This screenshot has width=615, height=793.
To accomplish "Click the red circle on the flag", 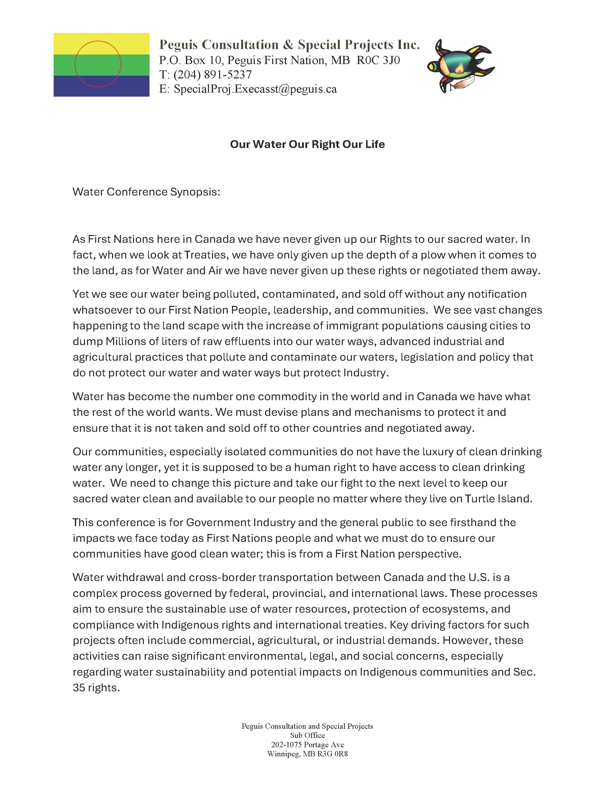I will pos(98,64).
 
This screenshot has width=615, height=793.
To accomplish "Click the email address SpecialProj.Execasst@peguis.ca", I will pos(255,89).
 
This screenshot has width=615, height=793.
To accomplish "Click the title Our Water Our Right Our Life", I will pos(307,144).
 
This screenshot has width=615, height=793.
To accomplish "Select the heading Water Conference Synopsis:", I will pos(146,192).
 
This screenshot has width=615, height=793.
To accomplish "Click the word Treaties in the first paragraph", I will pos(205,255).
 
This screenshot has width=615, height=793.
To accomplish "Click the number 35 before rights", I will pos(79,688).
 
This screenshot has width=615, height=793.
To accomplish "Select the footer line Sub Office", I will pos(307,735).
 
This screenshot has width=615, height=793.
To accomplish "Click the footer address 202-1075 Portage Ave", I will pos(307,745).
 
